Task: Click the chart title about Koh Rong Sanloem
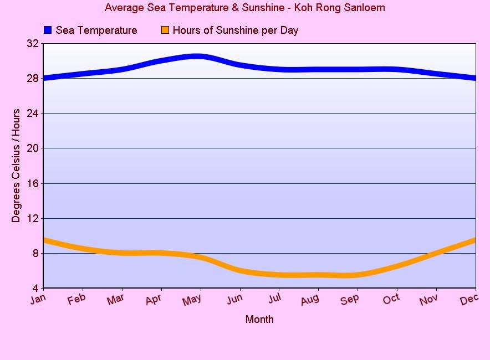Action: pyautogui.click(x=244, y=8)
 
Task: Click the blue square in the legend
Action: pyautogui.click(x=48, y=30)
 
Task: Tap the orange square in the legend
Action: pyautogui.click(x=165, y=30)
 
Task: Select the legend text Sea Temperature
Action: pyautogui.click(x=96, y=30)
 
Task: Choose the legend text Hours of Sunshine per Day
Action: pyautogui.click(x=235, y=30)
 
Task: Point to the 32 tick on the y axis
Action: pyautogui.click(x=33, y=43)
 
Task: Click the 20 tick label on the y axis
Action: pyautogui.click(x=33, y=148)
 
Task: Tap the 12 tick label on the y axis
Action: pyautogui.click(x=33, y=218)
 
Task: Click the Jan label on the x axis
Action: pyautogui.click(x=38, y=299)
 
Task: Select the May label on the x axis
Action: pyautogui.click(x=192, y=300)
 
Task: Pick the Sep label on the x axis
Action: pyautogui.click(x=349, y=300)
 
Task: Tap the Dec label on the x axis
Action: pyautogui.click(x=468, y=299)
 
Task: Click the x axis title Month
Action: pyautogui.click(x=259, y=320)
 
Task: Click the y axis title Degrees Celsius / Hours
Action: pyautogui.click(x=16, y=166)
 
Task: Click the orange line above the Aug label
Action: pyautogui.click(x=318, y=275)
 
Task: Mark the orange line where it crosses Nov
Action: pyautogui.click(x=436, y=254)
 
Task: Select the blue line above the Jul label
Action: pyautogui.click(x=279, y=69)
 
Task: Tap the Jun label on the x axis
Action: pyautogui.click(x=234, y=299)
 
